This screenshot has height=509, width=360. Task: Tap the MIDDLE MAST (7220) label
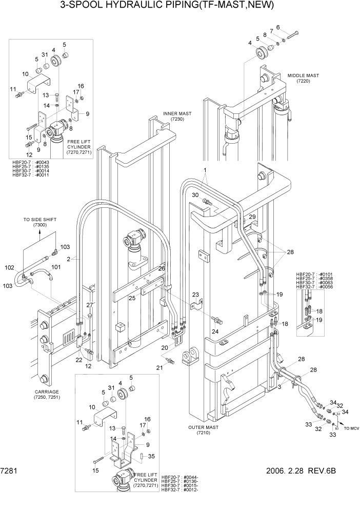[303, 78]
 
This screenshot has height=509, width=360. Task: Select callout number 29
[252, 218]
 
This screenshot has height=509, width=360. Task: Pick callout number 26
[162, 268]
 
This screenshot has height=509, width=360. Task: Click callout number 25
[132, 298]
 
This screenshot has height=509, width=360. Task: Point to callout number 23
[195, 295]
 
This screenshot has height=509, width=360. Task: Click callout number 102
[10, 267]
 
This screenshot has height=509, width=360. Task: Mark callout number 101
[56, 267]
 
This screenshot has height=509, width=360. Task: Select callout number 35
[151, 456]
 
